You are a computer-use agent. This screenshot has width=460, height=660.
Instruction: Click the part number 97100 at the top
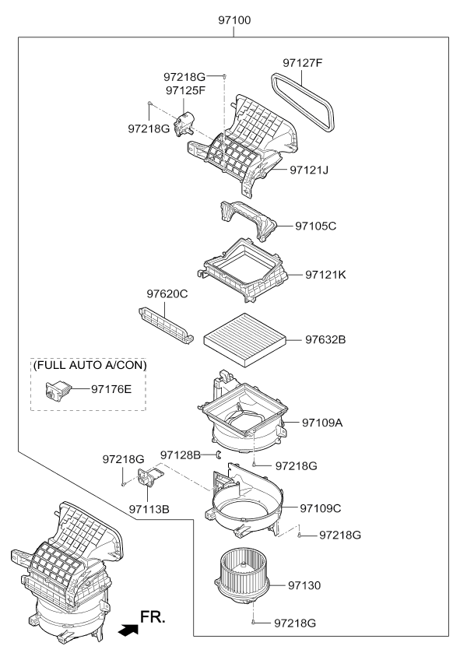pyautogui.click(x=234, y=19)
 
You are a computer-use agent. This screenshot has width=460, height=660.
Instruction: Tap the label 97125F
pyautogui.click(x=185, y=90)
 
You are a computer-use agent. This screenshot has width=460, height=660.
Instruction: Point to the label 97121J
pyautogui.click(x=309, y=170)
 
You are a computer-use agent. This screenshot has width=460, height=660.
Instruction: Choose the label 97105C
pyautogui.click(x=316, y=226)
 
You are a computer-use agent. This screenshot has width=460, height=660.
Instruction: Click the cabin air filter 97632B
pyautogui.click(x=244, y=339)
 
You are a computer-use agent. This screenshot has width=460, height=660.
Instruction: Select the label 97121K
pyautogui.click(x=325, y=275)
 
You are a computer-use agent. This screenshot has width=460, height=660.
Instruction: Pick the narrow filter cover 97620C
pyautogui.click(x=166, y=325)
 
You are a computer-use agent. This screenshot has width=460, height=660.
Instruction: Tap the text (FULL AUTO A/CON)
pyautogui.click(x=90, y=365)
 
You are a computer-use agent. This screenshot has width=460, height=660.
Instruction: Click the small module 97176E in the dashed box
pyautogui.click(x=58, y=389)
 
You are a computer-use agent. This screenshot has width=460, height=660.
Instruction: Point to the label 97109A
pyautogui.click(x=322, y=423)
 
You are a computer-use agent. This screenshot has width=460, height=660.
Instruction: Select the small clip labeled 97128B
pyautogui.click(x=219, y=455)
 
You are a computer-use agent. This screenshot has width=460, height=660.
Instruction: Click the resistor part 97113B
pyautogui.click(x=149, y=477)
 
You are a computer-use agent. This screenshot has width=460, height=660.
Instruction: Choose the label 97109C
pyautogui.click(x=320, y=508)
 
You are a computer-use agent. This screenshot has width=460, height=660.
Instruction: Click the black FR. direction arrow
pyautogui.click(x=128, y=630)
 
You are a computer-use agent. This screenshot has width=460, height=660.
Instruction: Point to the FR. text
pyautogui.click(x=153, y=617)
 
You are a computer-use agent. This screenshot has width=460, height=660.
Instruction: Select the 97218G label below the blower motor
pyautogui.click(x=294, y=623)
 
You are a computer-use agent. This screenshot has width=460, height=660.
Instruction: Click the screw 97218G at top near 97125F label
pyautogui.click(x=225, y=76)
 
